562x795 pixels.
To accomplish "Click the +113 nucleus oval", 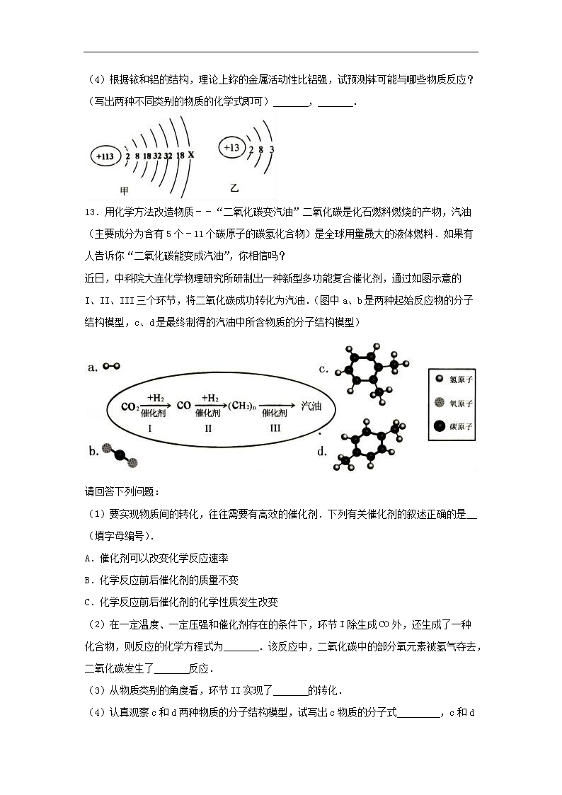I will point(105,156).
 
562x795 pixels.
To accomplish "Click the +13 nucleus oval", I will point(231,148).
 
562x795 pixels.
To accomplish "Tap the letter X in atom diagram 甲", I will point(191,154).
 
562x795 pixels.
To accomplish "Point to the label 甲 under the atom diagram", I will point(125,190).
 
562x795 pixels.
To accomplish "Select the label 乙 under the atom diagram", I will point(235,188).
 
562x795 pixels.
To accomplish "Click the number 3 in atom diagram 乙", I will point(272,149).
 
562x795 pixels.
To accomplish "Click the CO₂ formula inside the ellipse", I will point(129,406).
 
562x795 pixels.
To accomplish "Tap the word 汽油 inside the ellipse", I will point(311,406).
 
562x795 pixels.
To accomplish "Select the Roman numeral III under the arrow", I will point(275,428).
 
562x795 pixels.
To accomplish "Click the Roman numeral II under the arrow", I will point(208,428).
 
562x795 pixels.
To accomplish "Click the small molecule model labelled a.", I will point(112,367).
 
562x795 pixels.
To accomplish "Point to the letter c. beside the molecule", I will point(323,369).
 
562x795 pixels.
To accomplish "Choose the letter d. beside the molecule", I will point(323,451).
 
